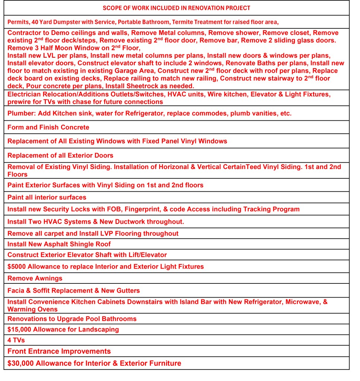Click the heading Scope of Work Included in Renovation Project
point(176,8)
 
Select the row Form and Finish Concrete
point(48,127)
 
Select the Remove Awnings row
point(35,278)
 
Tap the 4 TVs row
point(16,340)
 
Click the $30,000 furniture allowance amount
point(20,363)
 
